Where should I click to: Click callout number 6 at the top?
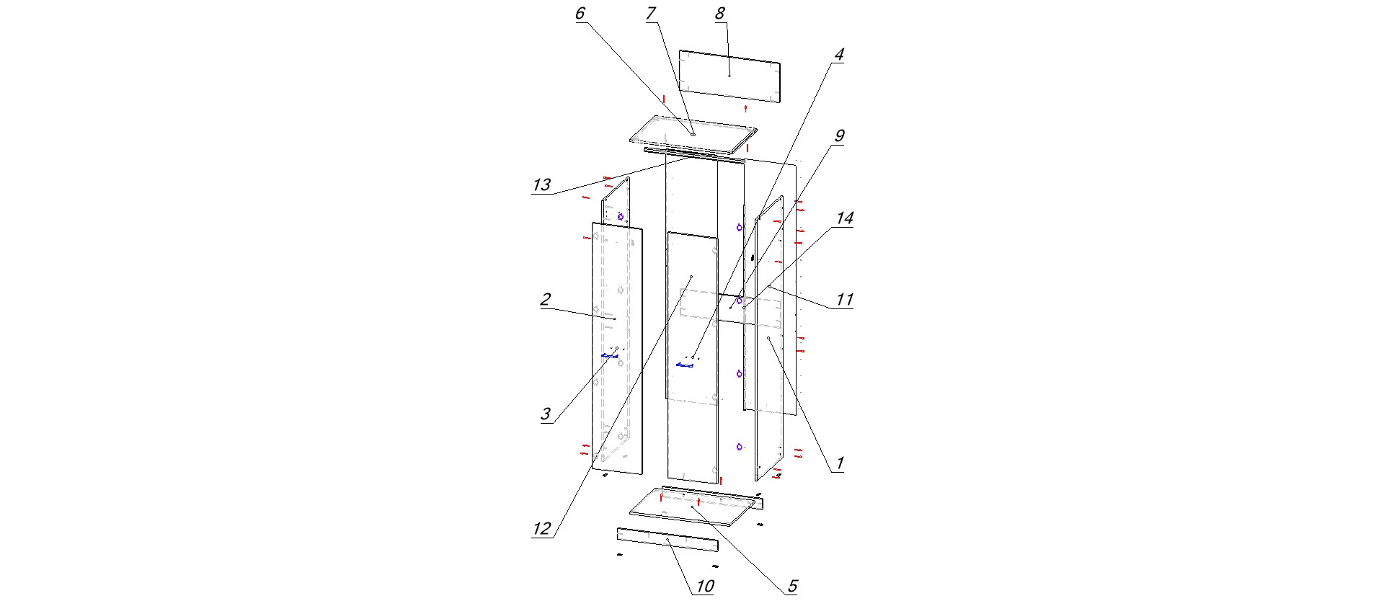pyautogui.click(x=580, y=14)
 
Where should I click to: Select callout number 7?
pyautogui.click(x=651, y=14)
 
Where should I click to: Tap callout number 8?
pyautogui.click(x=719, y=14)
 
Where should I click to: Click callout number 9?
pyautogui.click(x=838, y=136)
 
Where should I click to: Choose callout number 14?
pyautogui.click(x=844, y=218)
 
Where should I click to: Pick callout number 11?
pyautogui.click(x=844, y=300)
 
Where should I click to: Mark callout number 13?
pyautogui.click(x=541, y=185)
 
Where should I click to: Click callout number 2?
pyautogui.click(x=546, y=300)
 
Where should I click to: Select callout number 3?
pyautogui.click(x=546, y=414)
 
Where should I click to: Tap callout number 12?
pyautogui.click(x=541, y=529)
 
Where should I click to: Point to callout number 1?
pyautogui.click(x=839, y=463)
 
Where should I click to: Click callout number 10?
pyautogui.click(x=704, y=586)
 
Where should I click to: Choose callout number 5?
pyautogui.click(x=791, y=586)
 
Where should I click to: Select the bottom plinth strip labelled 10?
pyautogui.click(x=667, y=539)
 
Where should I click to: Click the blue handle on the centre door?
pyautogui.click(x=685, y=365)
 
